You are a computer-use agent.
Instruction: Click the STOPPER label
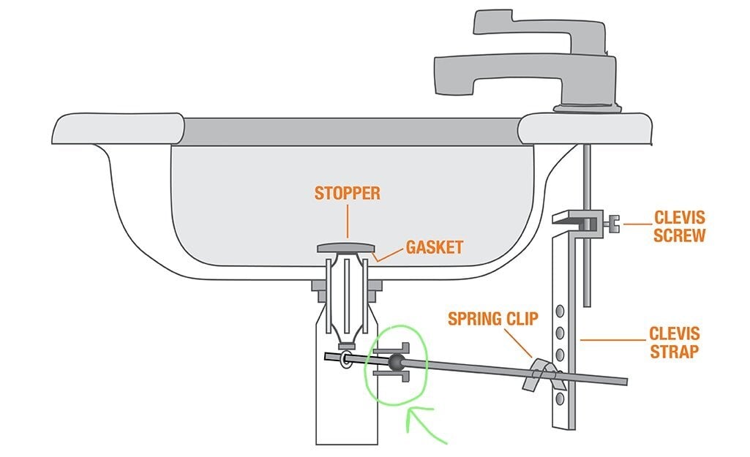348,193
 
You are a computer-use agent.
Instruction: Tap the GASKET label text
435,247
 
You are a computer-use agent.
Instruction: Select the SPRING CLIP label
492,318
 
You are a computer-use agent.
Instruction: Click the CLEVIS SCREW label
679,226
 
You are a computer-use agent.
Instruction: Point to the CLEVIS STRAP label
675,342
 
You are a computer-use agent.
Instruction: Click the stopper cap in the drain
346,247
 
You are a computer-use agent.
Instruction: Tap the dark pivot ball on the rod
397,363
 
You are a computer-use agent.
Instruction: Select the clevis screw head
612,223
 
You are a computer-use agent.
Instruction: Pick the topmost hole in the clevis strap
560,311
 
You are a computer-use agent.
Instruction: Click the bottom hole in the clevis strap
560,399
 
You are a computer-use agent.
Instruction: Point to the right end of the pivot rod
626,381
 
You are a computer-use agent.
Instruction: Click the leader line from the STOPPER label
348,222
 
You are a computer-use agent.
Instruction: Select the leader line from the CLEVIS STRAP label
612,340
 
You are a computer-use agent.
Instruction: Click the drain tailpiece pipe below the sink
346,382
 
